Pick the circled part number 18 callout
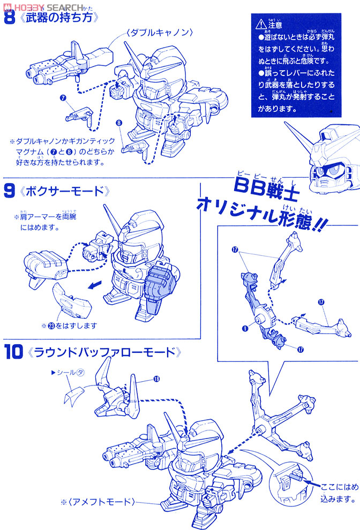point(156,380)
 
